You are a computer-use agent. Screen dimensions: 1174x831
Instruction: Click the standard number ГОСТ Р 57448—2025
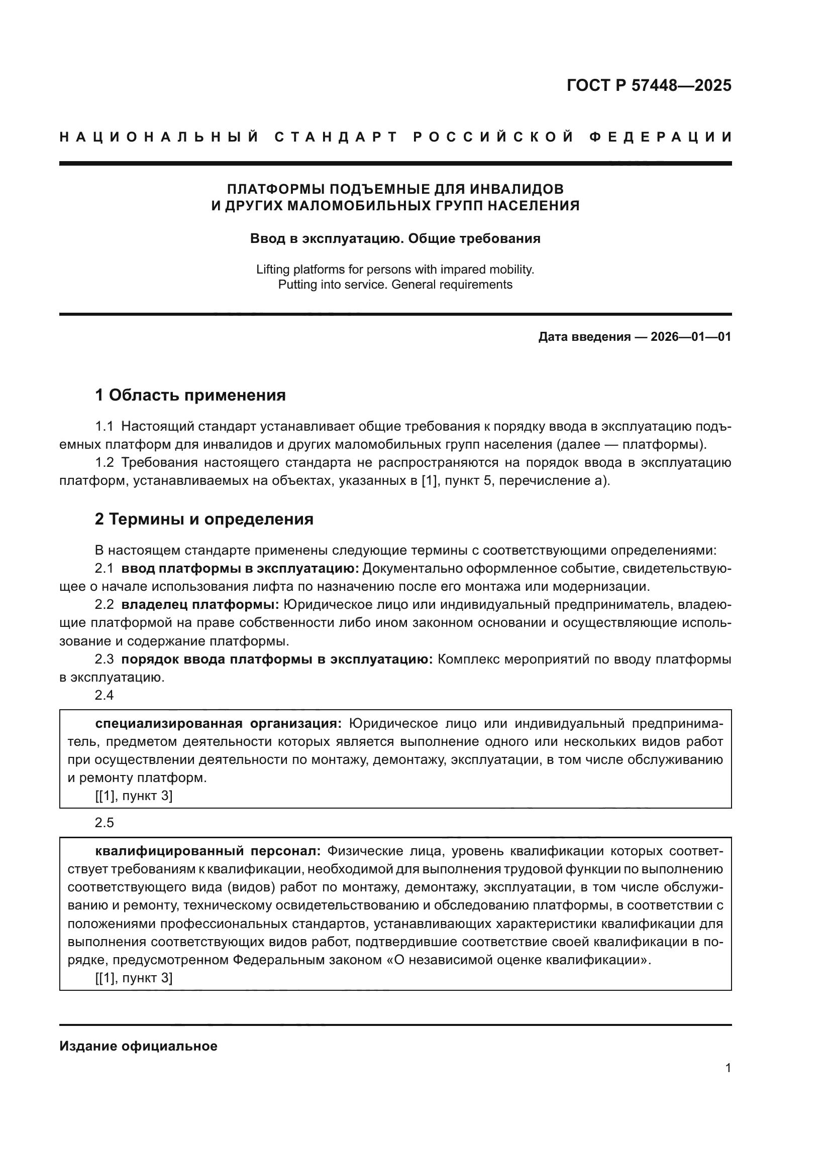(x=649, y=85)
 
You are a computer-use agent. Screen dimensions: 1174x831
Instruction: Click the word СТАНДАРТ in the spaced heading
(x=336, y=137)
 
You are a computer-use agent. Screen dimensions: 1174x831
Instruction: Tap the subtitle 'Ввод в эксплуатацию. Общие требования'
(x=395, y=238)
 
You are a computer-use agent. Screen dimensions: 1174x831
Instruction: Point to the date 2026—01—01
(x=691, y=336)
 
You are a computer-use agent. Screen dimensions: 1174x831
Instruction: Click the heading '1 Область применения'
(x=190, y=395)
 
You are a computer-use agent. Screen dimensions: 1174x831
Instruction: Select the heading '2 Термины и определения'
(x=204, y=519)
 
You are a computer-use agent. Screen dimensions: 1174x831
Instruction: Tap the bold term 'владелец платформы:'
(x=200, y=604)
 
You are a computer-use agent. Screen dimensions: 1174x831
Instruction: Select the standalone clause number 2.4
(x=105, y=695)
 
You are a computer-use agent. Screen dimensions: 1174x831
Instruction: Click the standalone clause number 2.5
(x=105, y=823)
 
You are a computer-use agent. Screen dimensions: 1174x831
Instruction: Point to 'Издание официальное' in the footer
(x=138, y=1046)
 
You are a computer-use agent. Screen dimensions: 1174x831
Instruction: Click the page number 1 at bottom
(x=728, y=1068)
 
